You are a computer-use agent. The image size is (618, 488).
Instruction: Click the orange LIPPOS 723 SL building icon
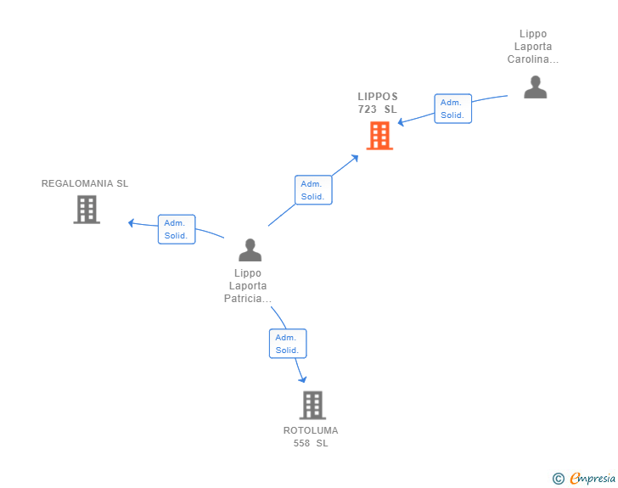tap(379, 136)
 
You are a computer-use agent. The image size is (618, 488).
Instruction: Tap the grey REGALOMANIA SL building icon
tap(87, 209)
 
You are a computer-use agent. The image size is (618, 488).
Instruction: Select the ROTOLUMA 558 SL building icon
tap(312, 405)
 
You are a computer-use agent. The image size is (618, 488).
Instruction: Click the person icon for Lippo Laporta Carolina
tap(535, 87)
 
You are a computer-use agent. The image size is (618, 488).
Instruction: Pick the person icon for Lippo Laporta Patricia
tap(250, 250)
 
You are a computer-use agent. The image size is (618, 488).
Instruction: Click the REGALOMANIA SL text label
tap(85, 183)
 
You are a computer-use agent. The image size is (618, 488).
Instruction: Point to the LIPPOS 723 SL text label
tap(378, 103)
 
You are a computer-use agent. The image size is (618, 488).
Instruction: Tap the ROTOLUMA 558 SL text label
tap(311, 436)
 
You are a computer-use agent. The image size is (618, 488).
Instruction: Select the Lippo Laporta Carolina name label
tap(533, 47)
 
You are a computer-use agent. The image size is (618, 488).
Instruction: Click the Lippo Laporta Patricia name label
tap(248, 286)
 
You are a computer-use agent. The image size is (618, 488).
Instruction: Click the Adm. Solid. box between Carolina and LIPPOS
tap(452, 109)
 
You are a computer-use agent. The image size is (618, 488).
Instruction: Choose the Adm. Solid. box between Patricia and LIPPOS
tap(312, 190)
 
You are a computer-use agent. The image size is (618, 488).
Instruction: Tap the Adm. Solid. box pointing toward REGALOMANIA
tap(177, 229)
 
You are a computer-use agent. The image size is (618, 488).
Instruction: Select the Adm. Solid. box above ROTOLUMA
tap(288, 344)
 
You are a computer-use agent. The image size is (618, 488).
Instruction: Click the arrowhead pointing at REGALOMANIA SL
tap(131, 222)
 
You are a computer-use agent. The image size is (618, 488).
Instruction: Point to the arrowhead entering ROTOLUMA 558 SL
tap(302, 379)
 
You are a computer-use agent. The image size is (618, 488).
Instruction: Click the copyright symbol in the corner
tap(558, 479)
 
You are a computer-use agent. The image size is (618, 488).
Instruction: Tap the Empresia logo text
tap(593, 478)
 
